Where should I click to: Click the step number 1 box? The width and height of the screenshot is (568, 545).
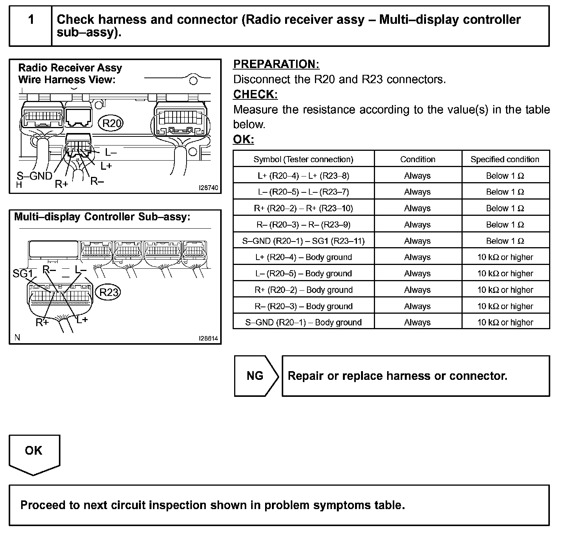pos(31,26)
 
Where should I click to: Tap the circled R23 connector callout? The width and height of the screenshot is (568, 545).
pos(109,292)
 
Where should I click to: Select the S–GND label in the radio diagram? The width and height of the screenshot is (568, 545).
pos(34,176)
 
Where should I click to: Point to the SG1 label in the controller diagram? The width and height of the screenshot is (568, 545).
pos(23,273)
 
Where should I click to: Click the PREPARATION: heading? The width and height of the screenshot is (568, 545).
pos(276,64)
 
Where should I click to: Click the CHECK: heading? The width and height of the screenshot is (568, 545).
pos(255,94)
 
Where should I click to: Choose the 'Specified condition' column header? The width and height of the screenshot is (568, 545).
pos(505,159)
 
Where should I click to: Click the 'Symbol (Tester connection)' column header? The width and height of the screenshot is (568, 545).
pos(303,159)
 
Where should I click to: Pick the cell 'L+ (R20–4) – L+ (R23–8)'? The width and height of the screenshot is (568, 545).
pos(303,176)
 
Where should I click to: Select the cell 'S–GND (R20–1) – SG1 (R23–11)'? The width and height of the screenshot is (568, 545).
pos(303,241)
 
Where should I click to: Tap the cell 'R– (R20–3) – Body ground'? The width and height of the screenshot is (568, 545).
pos(303,306)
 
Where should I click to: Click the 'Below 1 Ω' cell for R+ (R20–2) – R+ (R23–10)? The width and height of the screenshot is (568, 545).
pos(505,208)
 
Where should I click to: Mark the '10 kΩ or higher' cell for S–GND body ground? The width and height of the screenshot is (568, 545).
pos(505,322)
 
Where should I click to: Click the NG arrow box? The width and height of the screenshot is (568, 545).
pos(255,376)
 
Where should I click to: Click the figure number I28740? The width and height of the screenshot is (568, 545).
pos(208,187)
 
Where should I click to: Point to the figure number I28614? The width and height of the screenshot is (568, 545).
pos(208,338)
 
